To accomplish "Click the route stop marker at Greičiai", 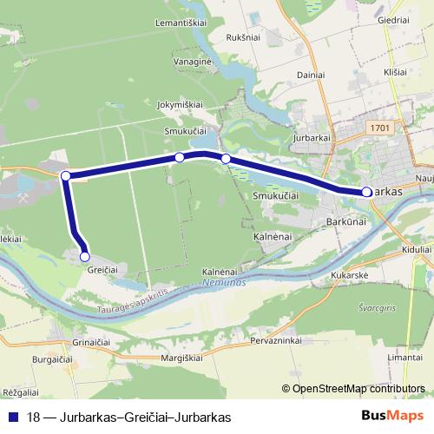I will click(85, 256).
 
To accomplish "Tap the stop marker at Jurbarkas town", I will click(367, 192).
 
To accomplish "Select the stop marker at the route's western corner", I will click(66, 176).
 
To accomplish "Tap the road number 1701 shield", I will click(379, 128).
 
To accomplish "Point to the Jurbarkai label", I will click(313, 138).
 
